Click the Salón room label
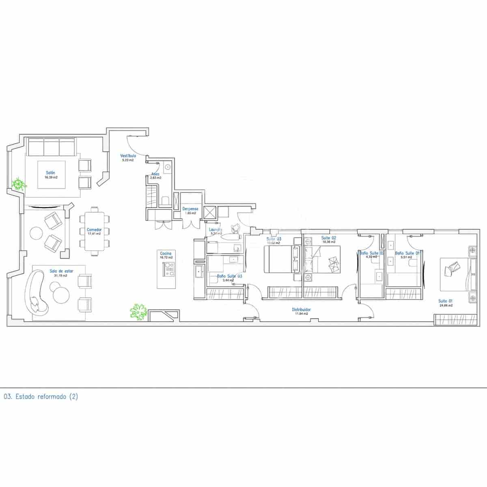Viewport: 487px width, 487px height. tap(51, 172)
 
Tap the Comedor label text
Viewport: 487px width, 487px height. tap(94, 230)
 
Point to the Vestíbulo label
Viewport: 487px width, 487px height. tap(128, 155)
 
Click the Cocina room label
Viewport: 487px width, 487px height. tap(166, 253)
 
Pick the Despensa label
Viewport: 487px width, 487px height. tap(190, 209)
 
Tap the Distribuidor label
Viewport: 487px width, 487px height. tap(302, 309)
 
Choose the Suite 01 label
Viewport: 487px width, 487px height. tap(445, 301)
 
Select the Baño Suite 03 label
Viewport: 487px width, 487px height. tap(229, 276)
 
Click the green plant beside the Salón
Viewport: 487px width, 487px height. tap(18, 184)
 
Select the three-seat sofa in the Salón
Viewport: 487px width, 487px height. tap(51, 147)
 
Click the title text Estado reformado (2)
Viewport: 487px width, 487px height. tap(41, 396)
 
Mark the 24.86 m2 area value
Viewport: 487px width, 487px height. tap(445, 306)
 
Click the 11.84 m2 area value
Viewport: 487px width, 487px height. tap(302, 314)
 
